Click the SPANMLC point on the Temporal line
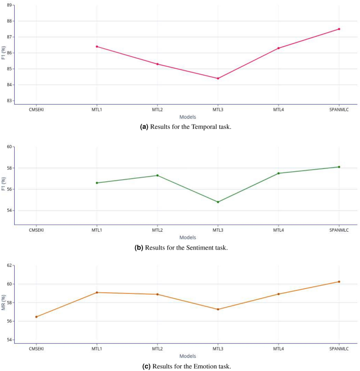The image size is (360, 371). pos(339,29)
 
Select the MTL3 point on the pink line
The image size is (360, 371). pos(218,78)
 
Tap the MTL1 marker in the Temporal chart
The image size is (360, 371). pos(97,46)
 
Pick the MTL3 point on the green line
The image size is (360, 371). pos(218,202)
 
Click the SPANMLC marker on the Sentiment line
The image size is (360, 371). pos(339,167)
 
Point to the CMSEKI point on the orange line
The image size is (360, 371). pos(36,317)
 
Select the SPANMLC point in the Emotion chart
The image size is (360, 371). pos(339,282)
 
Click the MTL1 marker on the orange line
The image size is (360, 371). pos(97,292)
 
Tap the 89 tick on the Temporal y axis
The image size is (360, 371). pos(9,5)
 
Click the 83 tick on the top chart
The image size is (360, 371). pos(9,100)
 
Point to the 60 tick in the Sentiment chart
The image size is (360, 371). pos(9,147)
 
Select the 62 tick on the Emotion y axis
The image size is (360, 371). pos(9,265)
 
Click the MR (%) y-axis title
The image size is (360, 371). pos(3,304)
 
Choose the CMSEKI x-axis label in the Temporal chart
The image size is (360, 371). pos(36,110)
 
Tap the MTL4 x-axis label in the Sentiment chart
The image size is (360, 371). pos(279,230)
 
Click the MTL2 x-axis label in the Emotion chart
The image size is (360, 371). pos(157,348)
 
